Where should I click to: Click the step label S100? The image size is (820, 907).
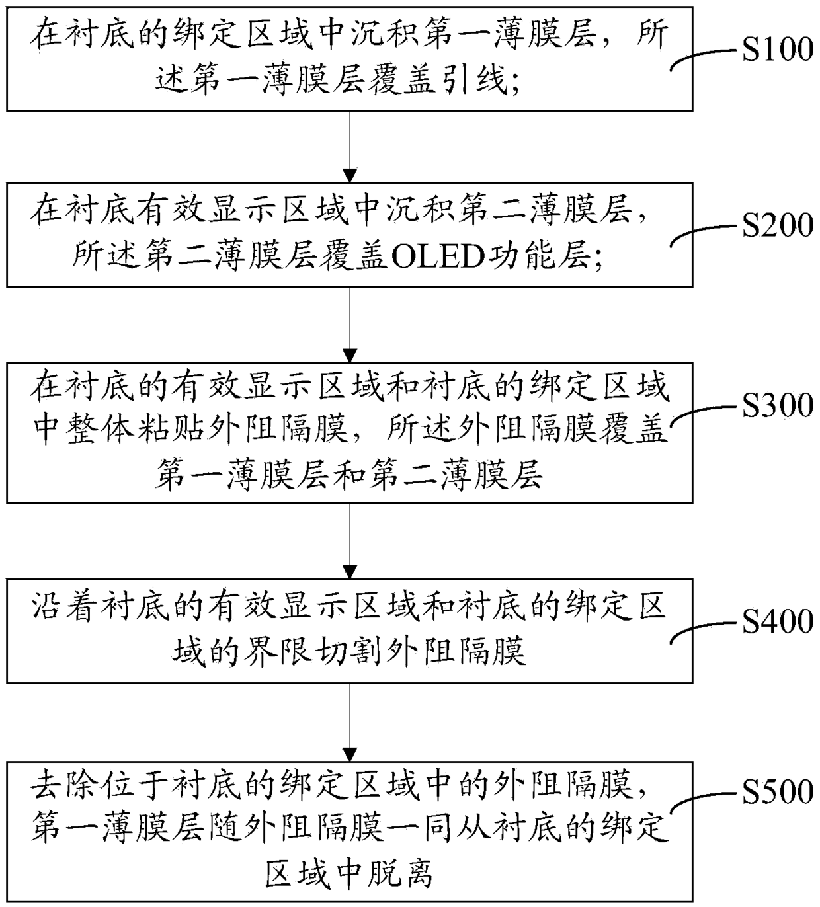click(x=778, y=50)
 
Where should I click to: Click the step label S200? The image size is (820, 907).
click(x=778, y=225)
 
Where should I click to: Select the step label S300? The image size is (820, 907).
click(x=778, y=405)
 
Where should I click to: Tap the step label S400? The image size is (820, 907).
click(x=778, y=621)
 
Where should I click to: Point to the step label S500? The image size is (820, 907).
click(x=778, y=792)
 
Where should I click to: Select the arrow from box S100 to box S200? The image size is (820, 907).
click(x=350, y=147)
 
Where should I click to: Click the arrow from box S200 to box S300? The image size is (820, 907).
click(x=350, y=325)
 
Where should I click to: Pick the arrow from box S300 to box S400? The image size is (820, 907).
click(x=350, y=541)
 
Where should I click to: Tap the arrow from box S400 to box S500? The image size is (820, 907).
click(x=350, y=723)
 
